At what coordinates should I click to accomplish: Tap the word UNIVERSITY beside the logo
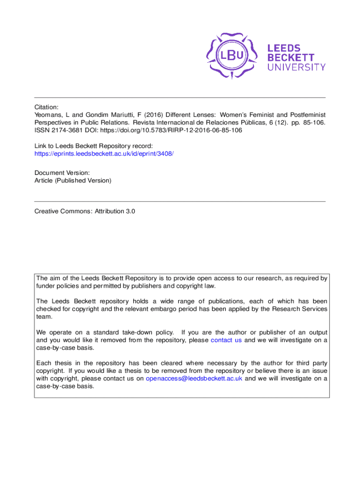(296, 67)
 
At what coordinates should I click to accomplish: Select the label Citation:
(47, 107)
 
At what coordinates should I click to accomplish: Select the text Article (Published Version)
(73, 181)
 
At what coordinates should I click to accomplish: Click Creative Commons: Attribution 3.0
(85, 211)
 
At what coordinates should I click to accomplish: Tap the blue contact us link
(226, 340)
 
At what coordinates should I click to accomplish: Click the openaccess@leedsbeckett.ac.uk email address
(194, 378)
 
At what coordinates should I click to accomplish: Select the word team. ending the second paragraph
(43, 317)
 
